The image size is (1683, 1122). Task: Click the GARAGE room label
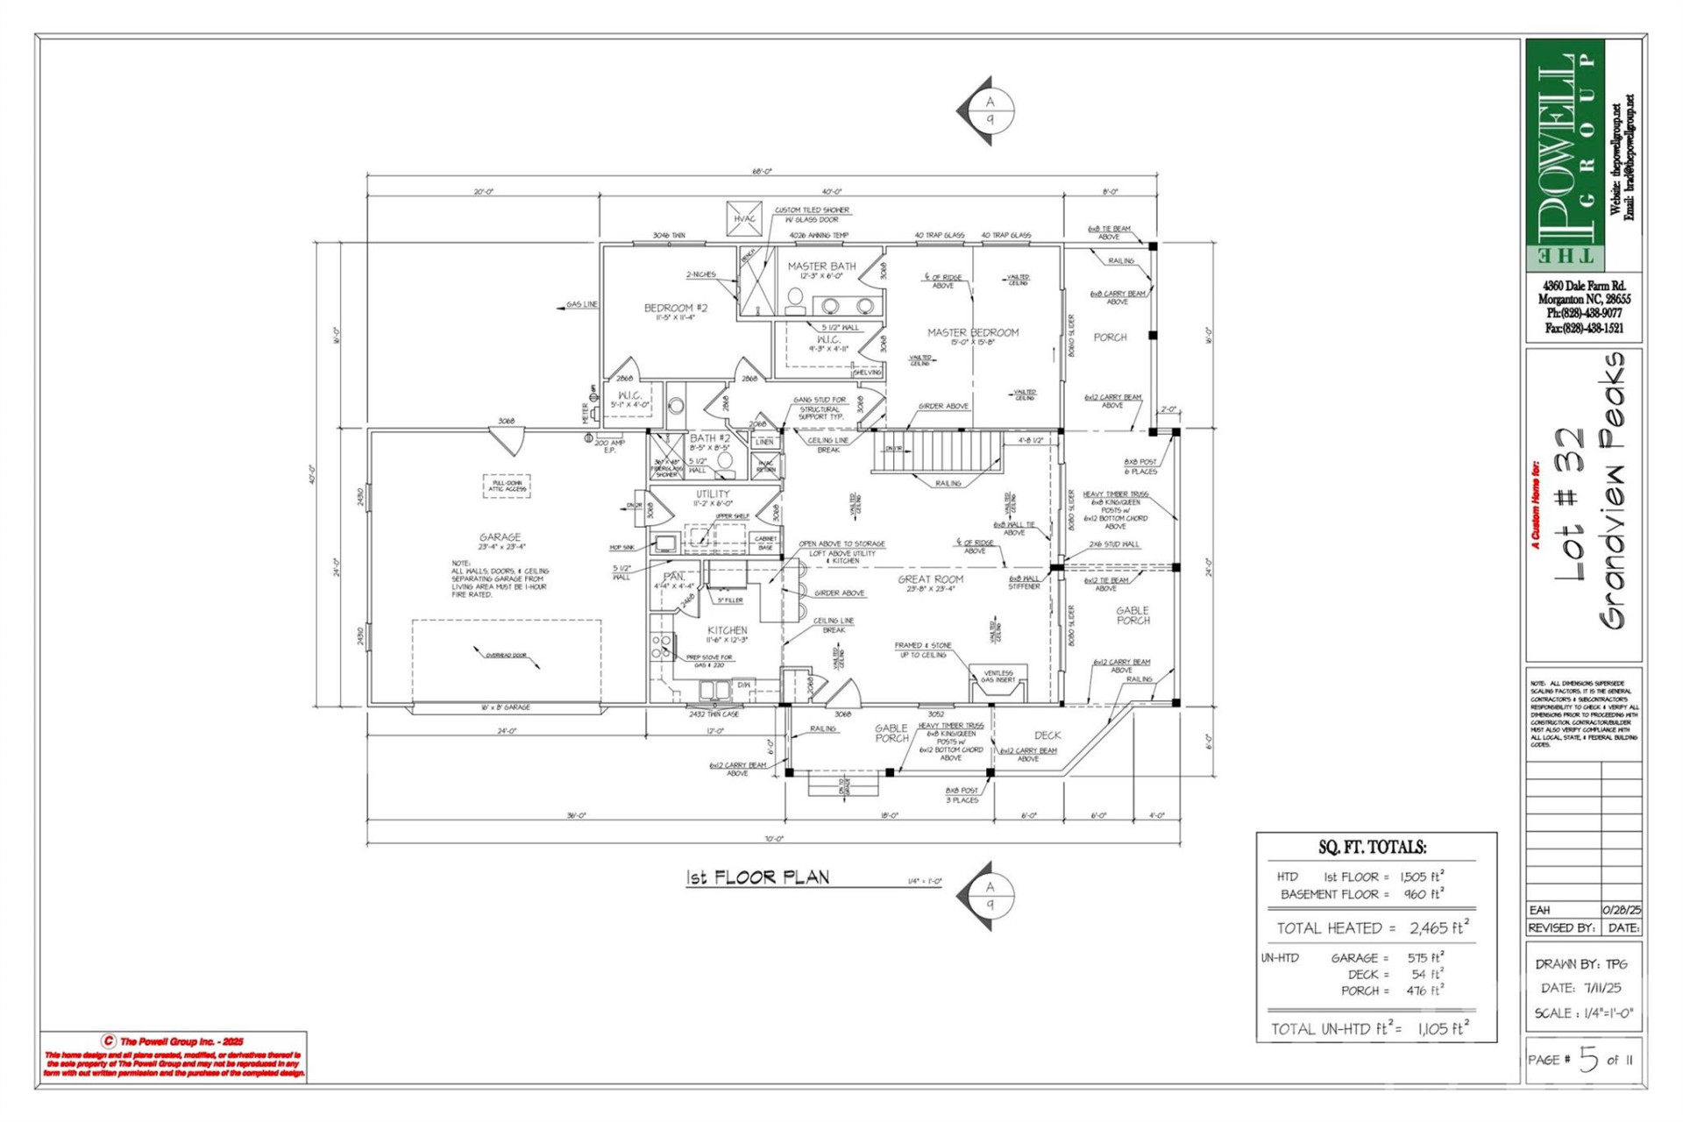[500, 536]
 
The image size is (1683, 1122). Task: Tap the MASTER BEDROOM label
[973, 332]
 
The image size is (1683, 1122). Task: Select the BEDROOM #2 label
[675, 308]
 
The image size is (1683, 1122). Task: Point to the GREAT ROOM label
[930, 579]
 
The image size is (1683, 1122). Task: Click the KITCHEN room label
[727, 630]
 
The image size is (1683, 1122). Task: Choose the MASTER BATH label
[821, 266]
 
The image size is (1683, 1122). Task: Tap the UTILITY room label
[713, 494]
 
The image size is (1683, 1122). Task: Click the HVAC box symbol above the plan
[744, 218]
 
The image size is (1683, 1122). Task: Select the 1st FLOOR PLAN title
[757, 877]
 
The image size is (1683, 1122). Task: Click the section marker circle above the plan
[991, 110]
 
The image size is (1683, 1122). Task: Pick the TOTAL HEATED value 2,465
[1438, 927]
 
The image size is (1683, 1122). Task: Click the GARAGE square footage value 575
[1424, 958]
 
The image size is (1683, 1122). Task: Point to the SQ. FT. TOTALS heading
[1372, 848]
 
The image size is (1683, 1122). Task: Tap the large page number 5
[1588, 1059]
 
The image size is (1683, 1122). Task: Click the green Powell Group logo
[1566, 153]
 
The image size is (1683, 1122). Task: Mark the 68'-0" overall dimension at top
[761, 172]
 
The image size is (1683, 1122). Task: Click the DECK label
[1047, 735]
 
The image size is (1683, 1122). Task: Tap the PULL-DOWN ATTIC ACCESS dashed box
[507, 486]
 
